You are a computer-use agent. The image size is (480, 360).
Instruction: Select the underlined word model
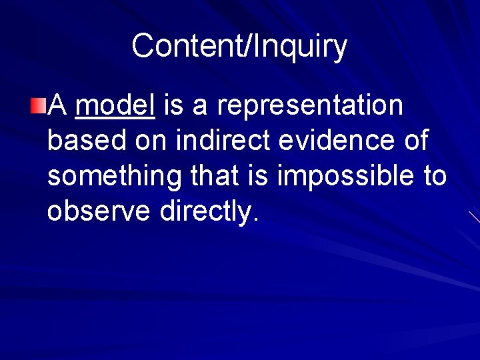pos(115,105)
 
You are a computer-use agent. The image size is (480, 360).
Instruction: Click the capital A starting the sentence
pos(59,105)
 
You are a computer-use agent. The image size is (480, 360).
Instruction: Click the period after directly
pos(254,220)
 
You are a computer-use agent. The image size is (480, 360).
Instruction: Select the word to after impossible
pos(434,177)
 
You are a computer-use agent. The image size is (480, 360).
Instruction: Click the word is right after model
pos(171,105)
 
